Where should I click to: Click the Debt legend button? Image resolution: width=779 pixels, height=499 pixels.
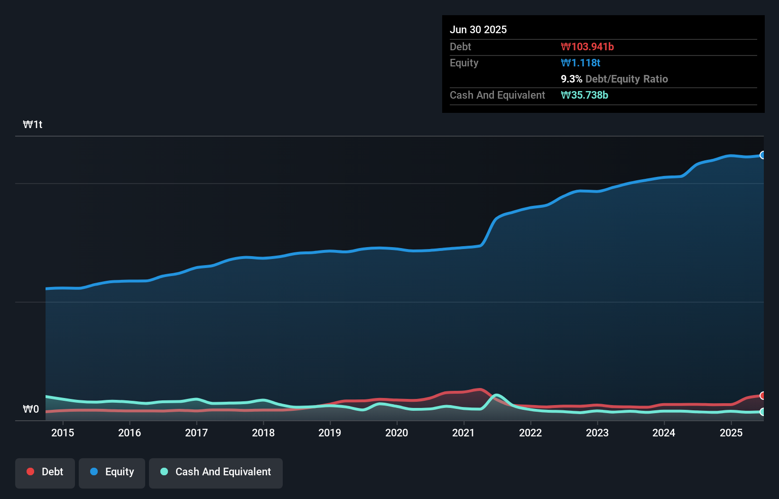(45, 472)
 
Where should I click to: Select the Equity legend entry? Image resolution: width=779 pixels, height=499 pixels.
(112, 472)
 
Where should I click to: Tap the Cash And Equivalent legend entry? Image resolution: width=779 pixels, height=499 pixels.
(216, 472)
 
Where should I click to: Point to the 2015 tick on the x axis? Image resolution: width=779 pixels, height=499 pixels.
(63, 433)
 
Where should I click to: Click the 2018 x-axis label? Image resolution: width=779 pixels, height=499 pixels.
(263, 433)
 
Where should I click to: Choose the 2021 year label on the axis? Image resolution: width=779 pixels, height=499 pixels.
(464, 433)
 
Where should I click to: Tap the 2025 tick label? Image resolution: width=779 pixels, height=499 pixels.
(731, 433)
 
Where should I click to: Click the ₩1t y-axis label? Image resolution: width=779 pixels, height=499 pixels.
(33, 125)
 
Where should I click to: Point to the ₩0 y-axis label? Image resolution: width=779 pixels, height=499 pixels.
(31, 409)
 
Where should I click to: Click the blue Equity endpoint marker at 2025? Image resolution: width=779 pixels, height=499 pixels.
(763, 155)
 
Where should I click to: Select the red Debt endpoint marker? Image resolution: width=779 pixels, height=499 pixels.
(763, 396)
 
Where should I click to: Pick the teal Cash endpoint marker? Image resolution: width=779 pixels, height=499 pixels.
(763, 412)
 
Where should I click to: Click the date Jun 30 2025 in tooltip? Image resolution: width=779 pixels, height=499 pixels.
(478, 30)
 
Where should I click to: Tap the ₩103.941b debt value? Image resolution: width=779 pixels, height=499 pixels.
(587, 47)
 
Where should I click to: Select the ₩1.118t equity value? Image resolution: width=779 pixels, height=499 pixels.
(581, 63)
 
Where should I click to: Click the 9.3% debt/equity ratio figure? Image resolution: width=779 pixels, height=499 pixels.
(571, 79)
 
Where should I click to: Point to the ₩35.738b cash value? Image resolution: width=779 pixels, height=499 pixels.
(584, 95)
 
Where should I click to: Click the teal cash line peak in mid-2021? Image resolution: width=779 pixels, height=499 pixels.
(497, 395)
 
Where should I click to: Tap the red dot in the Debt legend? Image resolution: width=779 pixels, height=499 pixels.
(30, 471)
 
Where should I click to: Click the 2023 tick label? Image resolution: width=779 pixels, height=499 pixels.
(597, 433)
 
